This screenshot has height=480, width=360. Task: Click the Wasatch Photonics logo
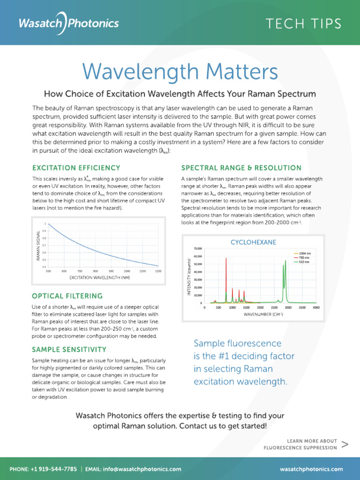[68, 23]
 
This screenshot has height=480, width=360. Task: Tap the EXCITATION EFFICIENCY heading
[76, 167]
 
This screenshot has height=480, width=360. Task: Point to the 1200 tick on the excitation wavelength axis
[158, 271]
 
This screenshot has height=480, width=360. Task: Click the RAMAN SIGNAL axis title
[39, 245]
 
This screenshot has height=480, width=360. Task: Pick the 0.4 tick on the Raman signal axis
[45, 266]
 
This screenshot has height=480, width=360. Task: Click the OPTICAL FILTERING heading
[67, 296]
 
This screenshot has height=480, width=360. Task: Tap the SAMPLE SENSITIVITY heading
[69, 349]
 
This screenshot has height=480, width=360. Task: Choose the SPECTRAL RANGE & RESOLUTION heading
[241, 167]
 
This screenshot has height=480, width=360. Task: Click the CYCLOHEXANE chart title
[253, 242]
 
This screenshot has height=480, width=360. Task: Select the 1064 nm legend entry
[301, 252]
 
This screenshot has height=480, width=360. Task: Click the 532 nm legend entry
[301, 262]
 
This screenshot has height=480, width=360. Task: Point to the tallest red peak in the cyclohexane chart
[226, 259]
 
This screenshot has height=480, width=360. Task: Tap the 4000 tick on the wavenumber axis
[316, 308]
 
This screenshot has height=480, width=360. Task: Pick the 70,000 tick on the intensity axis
[197, 248]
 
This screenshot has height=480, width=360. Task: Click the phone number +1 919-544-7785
[54, 469]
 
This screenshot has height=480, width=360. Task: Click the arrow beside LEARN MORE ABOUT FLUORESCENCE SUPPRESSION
[345, 444]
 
